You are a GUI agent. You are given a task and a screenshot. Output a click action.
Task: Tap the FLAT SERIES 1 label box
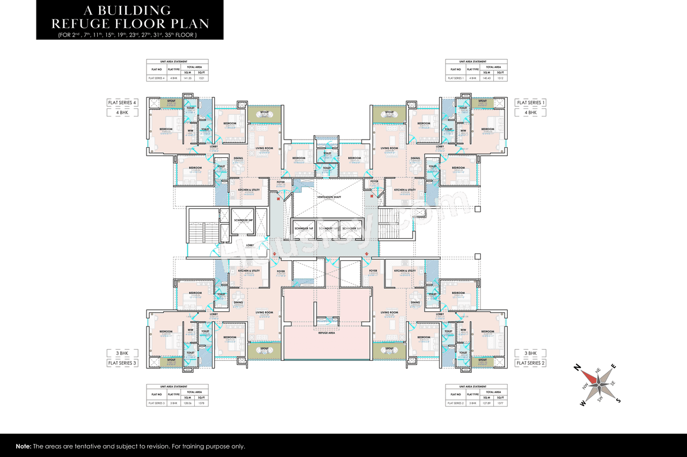pos(530,103)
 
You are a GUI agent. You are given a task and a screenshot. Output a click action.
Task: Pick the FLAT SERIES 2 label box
pos(530,363)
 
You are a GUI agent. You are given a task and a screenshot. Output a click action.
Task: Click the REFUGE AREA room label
pos(326,333)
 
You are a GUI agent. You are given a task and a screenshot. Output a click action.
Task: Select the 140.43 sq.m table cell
pos(487,78)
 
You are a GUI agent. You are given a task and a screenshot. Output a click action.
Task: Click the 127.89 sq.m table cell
pos(487,403)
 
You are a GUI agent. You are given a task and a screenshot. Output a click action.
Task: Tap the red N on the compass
pos(577,367)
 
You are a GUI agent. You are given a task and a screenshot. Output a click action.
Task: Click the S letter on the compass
pos(618,400)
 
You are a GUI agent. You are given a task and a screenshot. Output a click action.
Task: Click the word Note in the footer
pos(23,446)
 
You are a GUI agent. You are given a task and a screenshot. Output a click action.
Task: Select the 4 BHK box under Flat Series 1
pos(530,113)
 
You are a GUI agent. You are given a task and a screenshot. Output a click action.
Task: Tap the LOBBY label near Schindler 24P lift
pos(250,245)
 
